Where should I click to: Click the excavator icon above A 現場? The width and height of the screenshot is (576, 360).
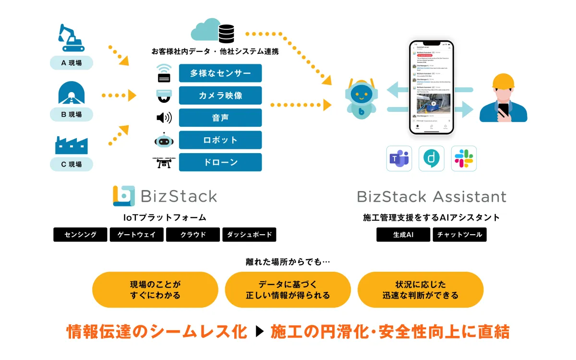(71, 38)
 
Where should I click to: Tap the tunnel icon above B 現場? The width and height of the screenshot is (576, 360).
(72, 93)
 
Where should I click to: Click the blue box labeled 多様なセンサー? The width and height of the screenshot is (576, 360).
(220, 73)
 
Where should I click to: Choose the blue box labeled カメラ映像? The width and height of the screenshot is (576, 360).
(220, 96)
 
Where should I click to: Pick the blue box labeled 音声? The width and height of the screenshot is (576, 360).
(220, 118)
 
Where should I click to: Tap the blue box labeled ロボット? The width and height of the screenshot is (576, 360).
(220, 140)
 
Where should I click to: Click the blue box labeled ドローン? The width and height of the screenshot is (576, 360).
(220, 162)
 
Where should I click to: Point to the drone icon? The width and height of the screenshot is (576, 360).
(164, 162)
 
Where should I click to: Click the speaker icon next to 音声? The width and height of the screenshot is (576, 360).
(164, 118)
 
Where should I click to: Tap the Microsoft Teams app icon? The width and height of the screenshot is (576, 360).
(399, 158)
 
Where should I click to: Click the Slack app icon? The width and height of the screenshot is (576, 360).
(464, 158)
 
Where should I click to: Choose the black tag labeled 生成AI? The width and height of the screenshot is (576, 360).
(403, 235)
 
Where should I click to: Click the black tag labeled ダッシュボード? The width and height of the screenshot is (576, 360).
(249, 235)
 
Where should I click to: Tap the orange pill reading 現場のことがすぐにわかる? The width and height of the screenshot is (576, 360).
(155, 290)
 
